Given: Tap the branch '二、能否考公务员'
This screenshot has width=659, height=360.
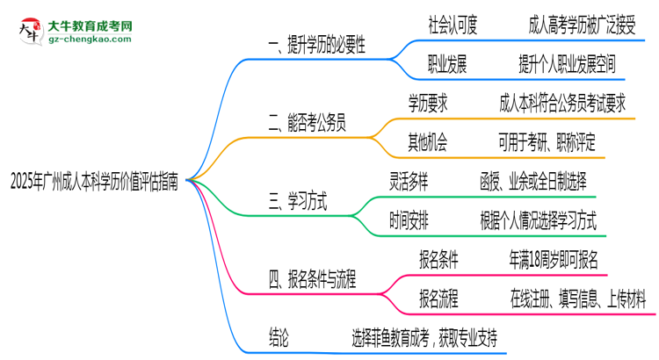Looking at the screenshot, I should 310,124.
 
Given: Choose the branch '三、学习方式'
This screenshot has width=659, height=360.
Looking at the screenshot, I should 298,203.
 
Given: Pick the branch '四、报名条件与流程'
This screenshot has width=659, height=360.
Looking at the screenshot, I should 322,282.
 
